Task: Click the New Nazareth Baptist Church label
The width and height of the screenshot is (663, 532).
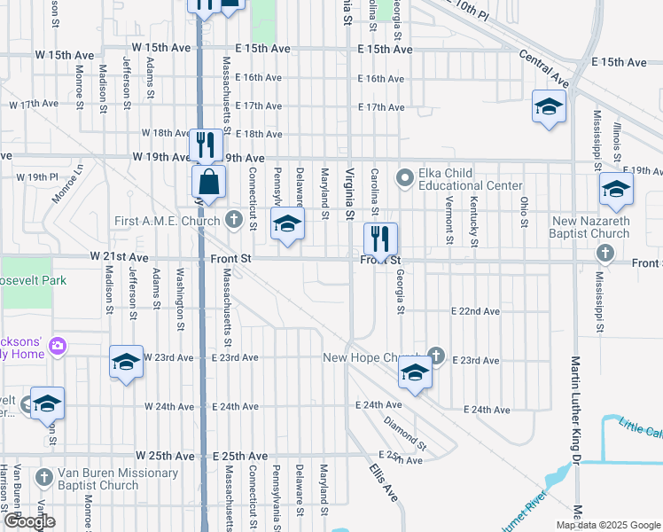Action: click(591, 227)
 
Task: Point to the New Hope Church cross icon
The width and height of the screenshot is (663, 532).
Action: click(435, 356)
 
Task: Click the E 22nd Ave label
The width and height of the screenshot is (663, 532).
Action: click(475, 311)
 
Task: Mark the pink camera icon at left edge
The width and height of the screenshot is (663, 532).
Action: click(58, 345)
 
